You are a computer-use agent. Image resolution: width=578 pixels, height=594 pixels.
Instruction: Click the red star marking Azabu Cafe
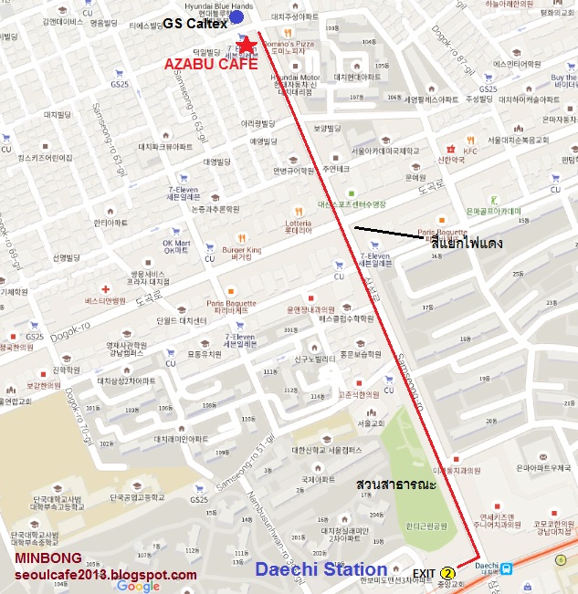click(x=246, y=44)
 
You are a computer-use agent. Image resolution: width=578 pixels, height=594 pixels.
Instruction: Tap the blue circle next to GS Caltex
click(x=237, y=16)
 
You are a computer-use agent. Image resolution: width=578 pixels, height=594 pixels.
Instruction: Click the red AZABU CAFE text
click(x=212, y=65)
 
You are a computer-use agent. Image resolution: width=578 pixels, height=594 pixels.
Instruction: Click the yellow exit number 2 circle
click(x=447, y=573)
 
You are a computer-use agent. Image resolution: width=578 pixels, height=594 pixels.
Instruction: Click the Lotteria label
click(x=299, y=223)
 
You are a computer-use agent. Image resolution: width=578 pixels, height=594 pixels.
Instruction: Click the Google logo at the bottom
click(x=138, y=586)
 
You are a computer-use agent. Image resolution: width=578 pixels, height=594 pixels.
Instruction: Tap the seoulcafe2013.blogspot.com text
click(x=105, y=575)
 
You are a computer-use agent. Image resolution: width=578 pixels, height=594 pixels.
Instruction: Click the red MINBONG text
click(x=48, y=558)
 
